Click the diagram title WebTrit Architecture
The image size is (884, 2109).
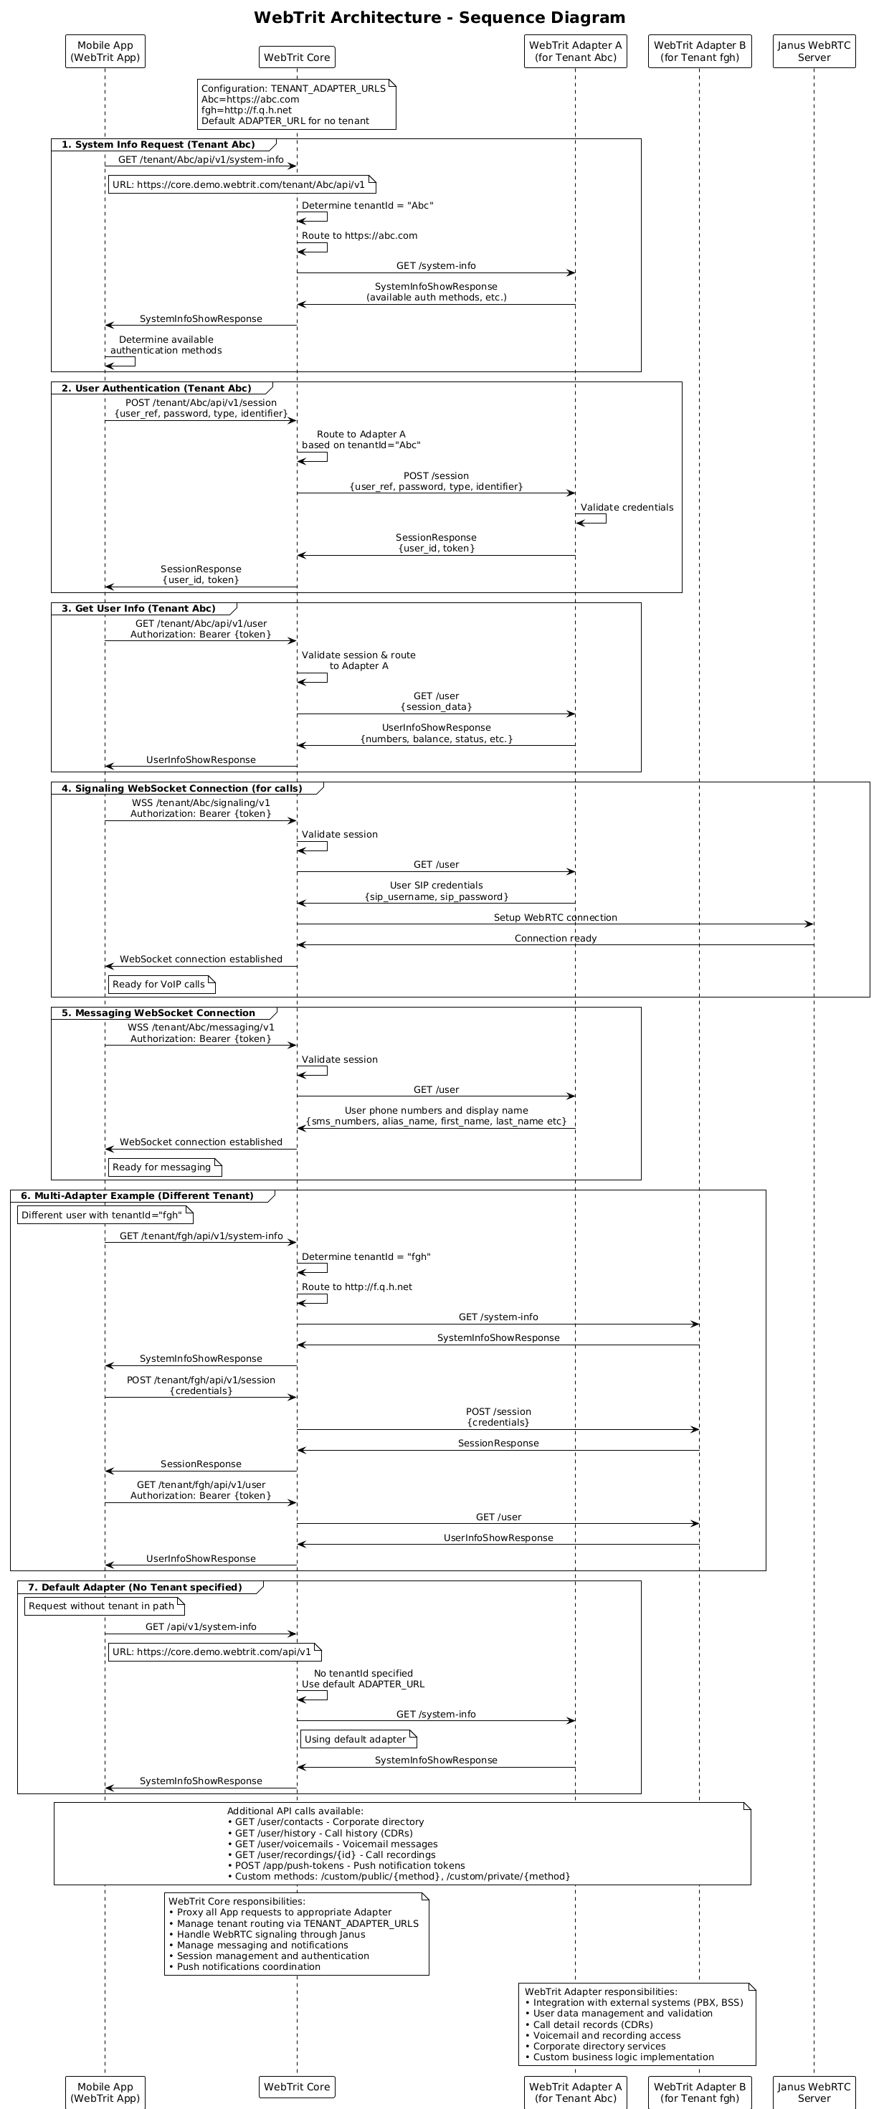click(439, 18)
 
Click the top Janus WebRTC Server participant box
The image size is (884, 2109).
click(814, 52)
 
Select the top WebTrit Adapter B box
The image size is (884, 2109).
click(699, 52)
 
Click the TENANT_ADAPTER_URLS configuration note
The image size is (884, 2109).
click(296, 104)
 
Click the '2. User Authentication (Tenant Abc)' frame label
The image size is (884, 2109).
click(162, 388)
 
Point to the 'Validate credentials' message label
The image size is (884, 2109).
click(627, 508)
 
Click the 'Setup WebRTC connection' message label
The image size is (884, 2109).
click(555, 918)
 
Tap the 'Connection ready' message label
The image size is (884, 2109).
click(555, 938)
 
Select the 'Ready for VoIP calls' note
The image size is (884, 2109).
click(161, 984)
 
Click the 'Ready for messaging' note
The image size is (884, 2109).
click(163, 1167)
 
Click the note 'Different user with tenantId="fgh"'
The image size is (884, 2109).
click(104, 1215)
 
